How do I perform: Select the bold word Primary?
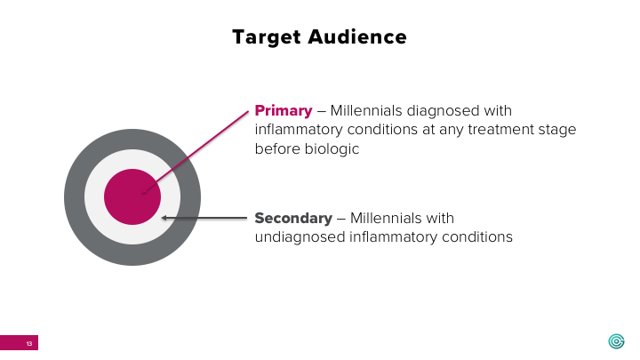click(284, 111)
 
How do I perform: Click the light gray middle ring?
click(95, 197)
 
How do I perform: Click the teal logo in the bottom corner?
click(616, 341)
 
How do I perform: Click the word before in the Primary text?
click(276, 148)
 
